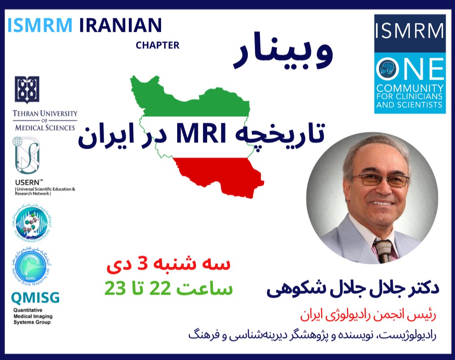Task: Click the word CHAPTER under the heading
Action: point(157,45)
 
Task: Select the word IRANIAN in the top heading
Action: point(120,26)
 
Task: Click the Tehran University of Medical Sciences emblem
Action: point(27,89)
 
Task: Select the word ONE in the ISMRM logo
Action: point(409,69)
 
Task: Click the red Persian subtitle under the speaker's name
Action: point(371,314)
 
